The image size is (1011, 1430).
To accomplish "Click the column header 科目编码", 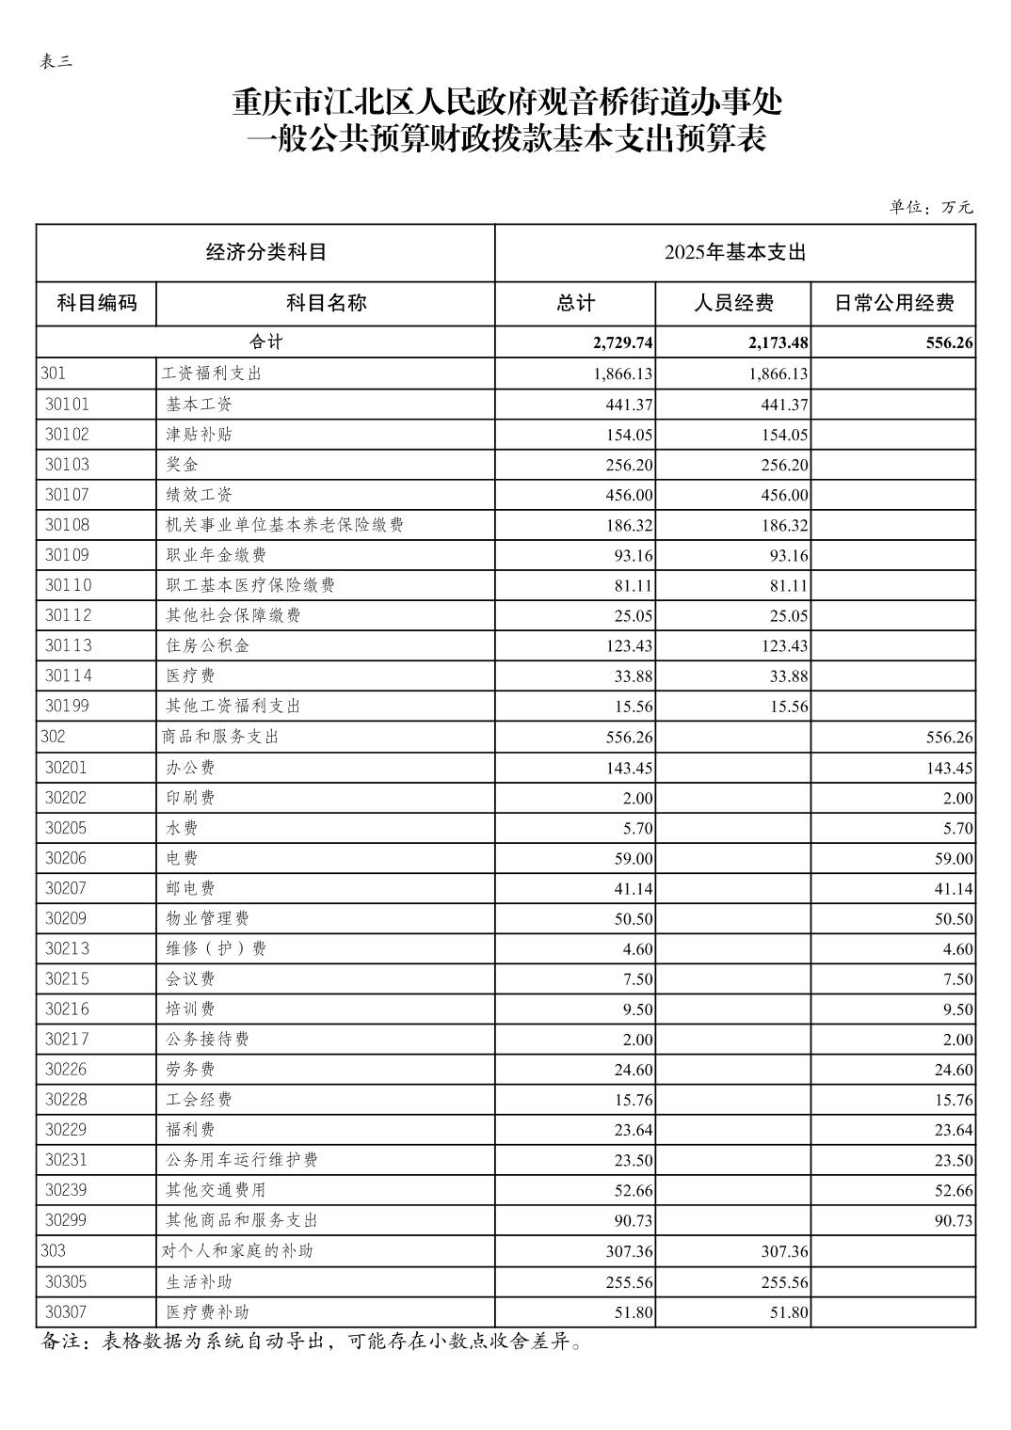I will click(x=97, y=303).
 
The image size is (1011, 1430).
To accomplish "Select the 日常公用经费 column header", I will click(x=893, y=303).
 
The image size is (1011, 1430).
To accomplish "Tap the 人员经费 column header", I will click(x=733, y=303).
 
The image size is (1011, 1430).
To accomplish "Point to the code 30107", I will click(x=68, y=494).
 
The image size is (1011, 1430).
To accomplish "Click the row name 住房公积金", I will click(x=208, y=645).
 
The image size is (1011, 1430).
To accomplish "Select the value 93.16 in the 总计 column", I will click(x=633, y=555).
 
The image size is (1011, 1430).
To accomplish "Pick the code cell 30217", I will click(x=68, y=1039).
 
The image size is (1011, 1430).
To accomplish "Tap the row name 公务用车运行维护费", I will click(x=242, y=1160).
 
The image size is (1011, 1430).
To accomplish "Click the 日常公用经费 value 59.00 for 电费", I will click(x=953, y=859).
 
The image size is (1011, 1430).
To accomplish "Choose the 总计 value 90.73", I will click(x=633, y=1220).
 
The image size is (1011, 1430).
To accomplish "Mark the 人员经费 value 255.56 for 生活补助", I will click(x=782, y=1282).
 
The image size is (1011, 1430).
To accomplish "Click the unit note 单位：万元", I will click(x=931, y=207).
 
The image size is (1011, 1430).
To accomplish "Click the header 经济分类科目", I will click(x=265, y=252).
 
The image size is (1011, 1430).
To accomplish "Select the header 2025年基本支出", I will click(x=735, y=252).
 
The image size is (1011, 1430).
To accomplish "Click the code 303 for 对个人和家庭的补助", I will click(x=54, y=1251).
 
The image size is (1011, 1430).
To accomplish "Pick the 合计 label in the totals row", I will click(x=265, y=342).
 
